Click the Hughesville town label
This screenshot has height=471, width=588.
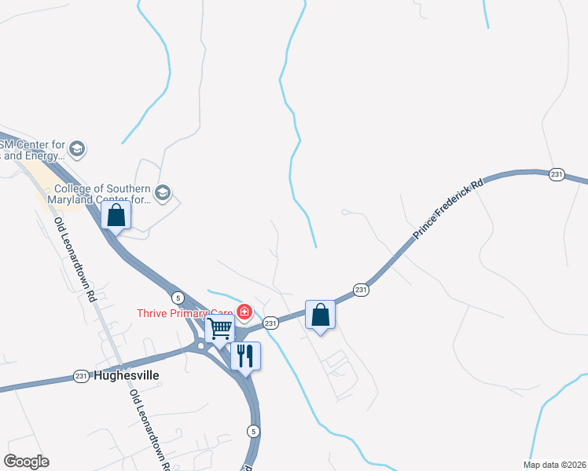click(127, 375)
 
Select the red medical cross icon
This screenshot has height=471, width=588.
click(244, 312)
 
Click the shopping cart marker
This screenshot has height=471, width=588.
click(219, 328)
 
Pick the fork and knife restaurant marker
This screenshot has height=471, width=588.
click(245, 356)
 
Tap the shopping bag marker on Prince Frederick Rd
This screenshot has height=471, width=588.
click(320, 315)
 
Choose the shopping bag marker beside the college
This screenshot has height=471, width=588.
click(116, 215)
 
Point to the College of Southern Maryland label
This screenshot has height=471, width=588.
click(102, 194)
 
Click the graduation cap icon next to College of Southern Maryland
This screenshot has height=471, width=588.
click(163, 193)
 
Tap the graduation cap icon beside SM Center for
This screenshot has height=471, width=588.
click(77, 148)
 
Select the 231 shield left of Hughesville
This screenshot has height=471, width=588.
click(81, 376)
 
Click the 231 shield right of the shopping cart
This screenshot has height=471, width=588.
click(270, 323)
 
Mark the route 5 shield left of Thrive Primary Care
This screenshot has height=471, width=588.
click(178, 296)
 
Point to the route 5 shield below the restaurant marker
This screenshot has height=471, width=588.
click(252, 430)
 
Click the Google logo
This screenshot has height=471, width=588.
click(26, 462)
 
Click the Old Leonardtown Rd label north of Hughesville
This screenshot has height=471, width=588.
click(74, 260)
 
